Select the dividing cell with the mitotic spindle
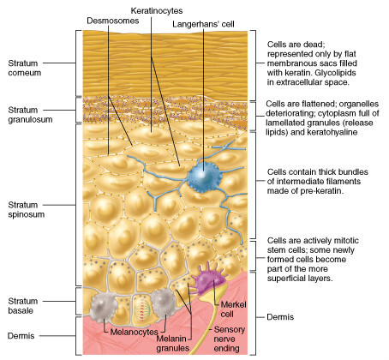coord(141,311)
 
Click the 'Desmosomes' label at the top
coord(113,21)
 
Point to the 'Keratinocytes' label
coord(157,11)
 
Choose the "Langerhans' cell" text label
coord(203,24)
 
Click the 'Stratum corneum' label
coord(25,68)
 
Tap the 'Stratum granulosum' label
coord(30,115)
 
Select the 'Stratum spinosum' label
coord(27,210)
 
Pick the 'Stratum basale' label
coord(23,306)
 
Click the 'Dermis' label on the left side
coord(21,336)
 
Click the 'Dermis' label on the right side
coord(280,317)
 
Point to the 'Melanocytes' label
coord(134,332)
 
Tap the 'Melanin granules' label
coord(172,344)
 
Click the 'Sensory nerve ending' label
coord(229,339)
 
